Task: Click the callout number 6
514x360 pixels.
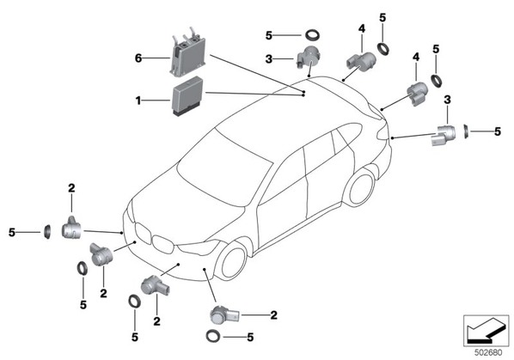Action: tap(138, 58)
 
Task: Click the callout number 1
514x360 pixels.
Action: tap(138, 101)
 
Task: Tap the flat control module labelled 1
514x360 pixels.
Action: tap(187, 96)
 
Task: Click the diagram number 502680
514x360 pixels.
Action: tap(488, 353)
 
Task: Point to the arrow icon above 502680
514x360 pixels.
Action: tap(486, 331)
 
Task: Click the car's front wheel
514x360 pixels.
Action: tap(233, 263)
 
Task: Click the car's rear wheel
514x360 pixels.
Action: tap(361, 188)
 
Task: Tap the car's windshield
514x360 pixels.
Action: tap(225, 167)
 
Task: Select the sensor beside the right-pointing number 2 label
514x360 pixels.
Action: tap(225, 314)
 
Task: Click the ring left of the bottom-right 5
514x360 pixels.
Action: tap(213, 337)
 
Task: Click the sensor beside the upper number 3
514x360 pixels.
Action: tap(307, 57)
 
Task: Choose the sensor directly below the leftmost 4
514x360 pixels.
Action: tap(361, 62)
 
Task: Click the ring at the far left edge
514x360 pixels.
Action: tap(47, 232)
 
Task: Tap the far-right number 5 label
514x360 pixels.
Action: tap(498, 131)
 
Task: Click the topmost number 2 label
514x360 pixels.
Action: tap(71, 188)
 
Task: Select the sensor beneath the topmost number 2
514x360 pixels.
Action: tap(71, 228)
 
